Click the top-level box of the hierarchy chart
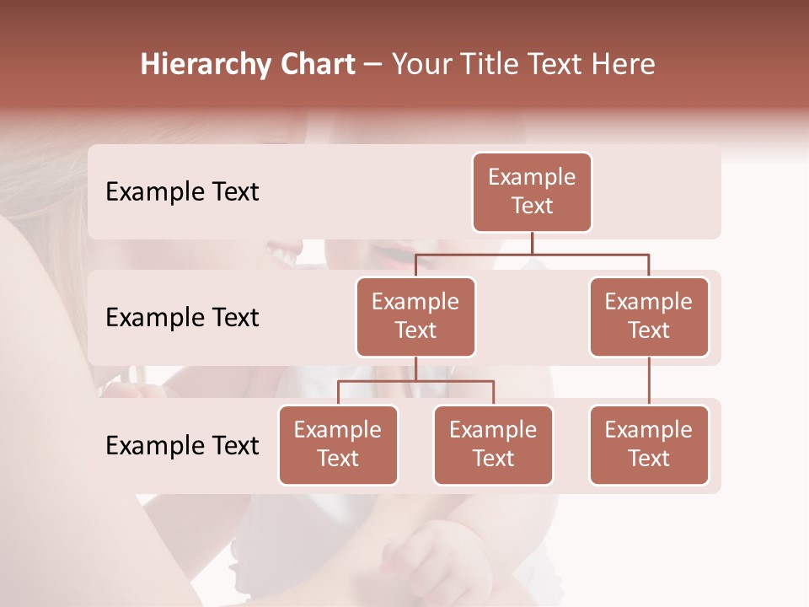tap(532, 192)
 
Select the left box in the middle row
tap(415, 316)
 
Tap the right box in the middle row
tap(649, 316)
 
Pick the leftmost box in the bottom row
tap(338, 444)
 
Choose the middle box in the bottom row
tap(493, 444)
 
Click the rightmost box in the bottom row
tap(649, 444)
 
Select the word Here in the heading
tap(623, 65)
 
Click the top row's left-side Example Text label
tap(182, 192)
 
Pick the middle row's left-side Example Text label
tap(182, 317)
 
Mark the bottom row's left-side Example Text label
tap(182, 445)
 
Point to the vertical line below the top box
tap(532, 243)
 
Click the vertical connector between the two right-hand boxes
tap(649, 381)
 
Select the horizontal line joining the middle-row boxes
tap(532, 254)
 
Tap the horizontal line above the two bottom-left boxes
tap(415, 381)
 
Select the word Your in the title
tap(422, 65)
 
